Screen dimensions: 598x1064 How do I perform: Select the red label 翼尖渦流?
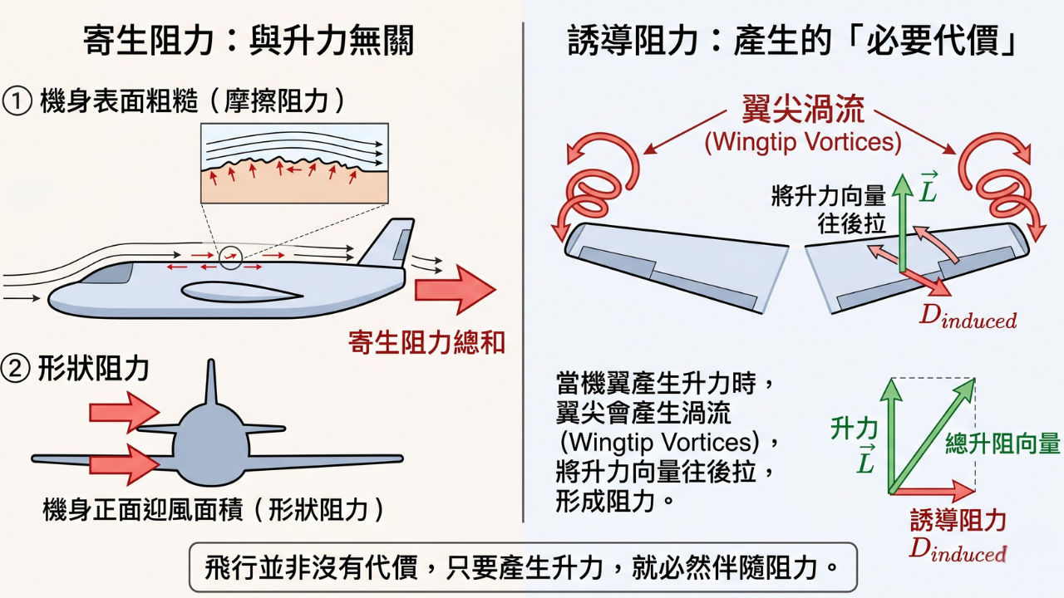[x=803, y=110]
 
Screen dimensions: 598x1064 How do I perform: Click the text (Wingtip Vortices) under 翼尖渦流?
[x=803, y=142]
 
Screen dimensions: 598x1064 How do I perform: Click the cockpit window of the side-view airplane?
[x=116, y=272]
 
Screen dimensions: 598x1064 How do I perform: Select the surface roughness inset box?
[x=294, y=164]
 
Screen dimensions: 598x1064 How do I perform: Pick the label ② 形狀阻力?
[x=76, y=369]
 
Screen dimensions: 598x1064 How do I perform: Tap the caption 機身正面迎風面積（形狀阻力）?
[x=214, y=508]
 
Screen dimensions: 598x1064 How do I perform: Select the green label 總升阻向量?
[x=1003, y=444]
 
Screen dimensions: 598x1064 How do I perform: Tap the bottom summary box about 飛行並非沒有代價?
[x=522, y=568]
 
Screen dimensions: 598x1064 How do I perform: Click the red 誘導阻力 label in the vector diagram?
[x=958, y=521]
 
